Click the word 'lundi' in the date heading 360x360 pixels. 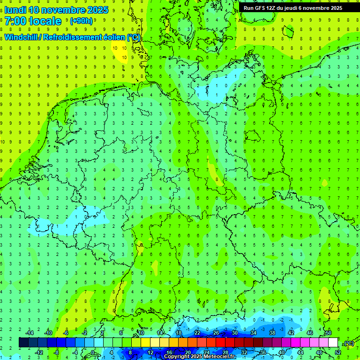15,10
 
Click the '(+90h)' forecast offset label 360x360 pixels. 81,21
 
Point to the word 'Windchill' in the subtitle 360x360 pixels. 22,37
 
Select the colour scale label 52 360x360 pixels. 337,352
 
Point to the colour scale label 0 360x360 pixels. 93,352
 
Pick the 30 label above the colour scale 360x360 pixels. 234,333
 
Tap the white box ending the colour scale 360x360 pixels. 333,342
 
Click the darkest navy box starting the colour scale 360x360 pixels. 23,342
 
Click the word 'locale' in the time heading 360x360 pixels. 45,21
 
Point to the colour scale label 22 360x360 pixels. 197,333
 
